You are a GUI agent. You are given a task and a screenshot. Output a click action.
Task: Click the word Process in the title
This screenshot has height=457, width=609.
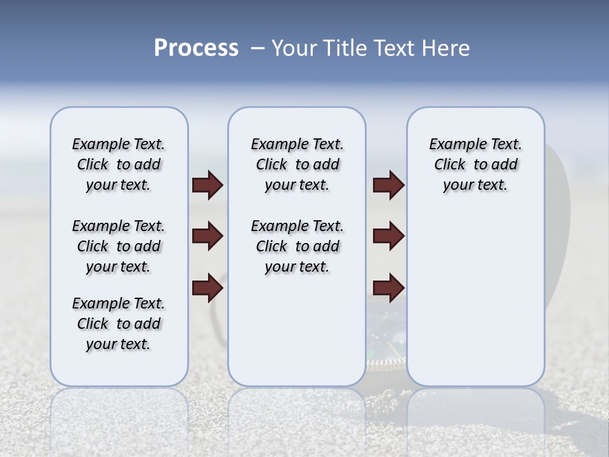pyautogui.click(x=196, y=48)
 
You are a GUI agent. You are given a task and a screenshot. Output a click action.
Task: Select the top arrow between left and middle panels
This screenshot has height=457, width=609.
pyautogui.click(x=207, y=185)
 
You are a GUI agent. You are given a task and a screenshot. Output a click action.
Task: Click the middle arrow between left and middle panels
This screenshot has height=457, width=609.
pyautogui.click(x=207, y=237)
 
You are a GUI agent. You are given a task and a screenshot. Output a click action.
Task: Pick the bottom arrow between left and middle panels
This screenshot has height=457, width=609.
pyautogui.click(x=207, y=288)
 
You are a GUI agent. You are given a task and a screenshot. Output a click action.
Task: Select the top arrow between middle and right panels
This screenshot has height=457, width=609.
pyautogui.click(x=388, y=185)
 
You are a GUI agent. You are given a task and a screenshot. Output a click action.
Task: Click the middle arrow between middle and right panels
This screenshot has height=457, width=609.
pyautogui.click(x=388, y=237)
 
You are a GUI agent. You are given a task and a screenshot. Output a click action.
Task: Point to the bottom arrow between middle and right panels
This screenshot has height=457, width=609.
pyautogui.click(x=388, y=288)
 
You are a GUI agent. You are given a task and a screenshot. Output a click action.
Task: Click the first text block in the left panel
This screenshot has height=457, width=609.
pyautogui.click(x=119, y=164)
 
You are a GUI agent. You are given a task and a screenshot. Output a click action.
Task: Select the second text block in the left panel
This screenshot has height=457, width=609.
pyautogui.click(x=119, y=246)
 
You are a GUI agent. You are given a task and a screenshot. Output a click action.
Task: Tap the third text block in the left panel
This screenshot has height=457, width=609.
pyautogui.click(x=119, y=324)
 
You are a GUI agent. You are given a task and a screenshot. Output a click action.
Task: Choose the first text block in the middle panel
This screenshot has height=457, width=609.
pyautogui.click(x=297, y=164)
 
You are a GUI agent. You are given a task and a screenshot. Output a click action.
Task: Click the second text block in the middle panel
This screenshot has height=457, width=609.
pyautogui.click(x=297, y=246)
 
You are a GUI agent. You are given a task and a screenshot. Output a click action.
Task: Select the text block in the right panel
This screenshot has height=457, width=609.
pyautogui.click(x=475, y=164)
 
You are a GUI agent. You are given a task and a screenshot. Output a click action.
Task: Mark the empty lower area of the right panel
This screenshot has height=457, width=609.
pyautogui.click(x=475, y=298)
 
